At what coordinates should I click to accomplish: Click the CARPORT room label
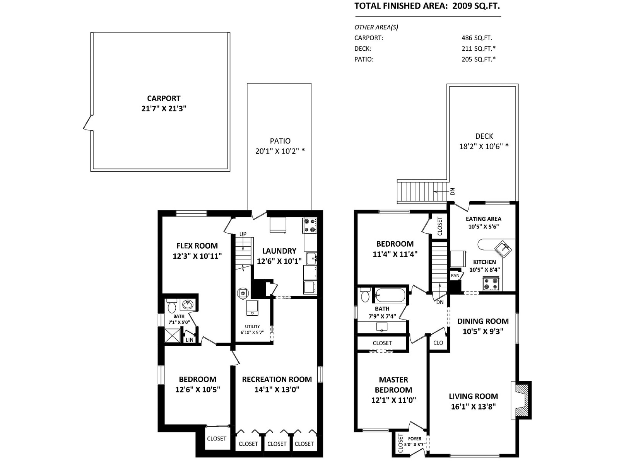click(x=164, y=98)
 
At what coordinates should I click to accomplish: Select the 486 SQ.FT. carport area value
click(x=477, y=38)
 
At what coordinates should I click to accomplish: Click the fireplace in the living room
click(x=521, y=400)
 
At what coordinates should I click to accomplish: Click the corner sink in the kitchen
click(x=503, y=249)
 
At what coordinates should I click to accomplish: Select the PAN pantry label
click(x=455, y=276)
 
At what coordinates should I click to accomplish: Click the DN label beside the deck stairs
click(x=452, y=191)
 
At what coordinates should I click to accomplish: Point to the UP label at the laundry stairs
click(x=243, y=234)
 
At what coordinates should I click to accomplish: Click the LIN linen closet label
click(x=190, y=340)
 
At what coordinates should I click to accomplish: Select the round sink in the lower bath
click(x=188, y=305)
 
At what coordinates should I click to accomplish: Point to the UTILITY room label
click(x=252, y=327)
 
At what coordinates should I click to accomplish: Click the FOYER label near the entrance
click(x=415, y=438)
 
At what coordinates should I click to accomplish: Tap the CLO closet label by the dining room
click(x=438, y=343)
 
